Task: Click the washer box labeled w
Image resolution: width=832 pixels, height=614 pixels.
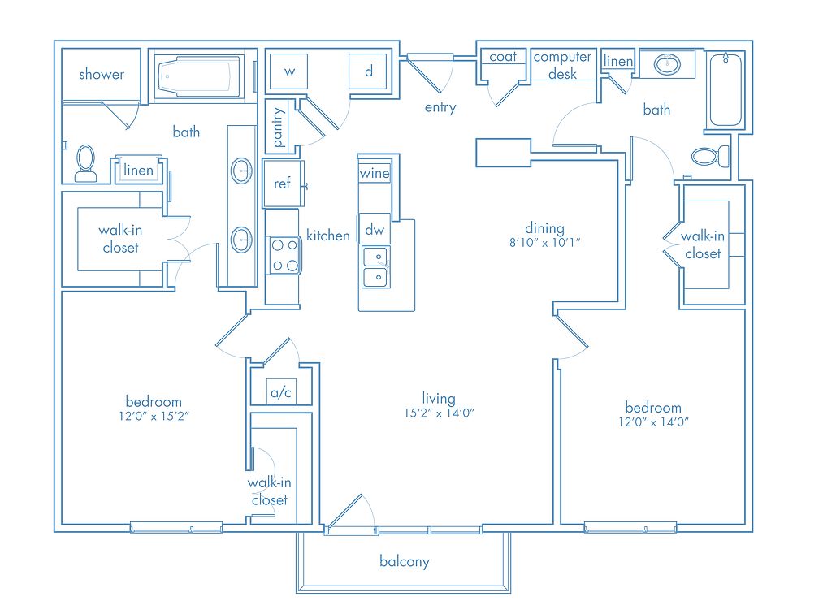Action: point(289,71)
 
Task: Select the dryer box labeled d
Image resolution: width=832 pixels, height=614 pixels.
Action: point(368,71)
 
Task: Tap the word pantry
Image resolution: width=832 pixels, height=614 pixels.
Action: point(278,128)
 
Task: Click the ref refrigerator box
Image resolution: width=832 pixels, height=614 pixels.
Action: point(282,184)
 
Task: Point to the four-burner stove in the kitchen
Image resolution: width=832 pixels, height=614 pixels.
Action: point(284,255)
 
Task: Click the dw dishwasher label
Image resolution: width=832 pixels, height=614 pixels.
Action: point(375,230)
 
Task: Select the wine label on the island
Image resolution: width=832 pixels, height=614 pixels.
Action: point(375,173)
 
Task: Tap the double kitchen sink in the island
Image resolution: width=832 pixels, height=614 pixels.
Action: point(376,266)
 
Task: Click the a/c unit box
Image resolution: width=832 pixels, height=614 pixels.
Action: point(280,392)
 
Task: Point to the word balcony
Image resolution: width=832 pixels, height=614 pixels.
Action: point(405,561)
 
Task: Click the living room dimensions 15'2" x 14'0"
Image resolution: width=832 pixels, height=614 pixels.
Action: point(439,413)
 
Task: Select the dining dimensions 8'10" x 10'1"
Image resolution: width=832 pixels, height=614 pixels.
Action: point(545,242)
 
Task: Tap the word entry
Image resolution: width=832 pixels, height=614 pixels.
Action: point(440,108)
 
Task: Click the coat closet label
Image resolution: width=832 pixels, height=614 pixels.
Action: point(503,56)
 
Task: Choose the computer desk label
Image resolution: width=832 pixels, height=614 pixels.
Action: point(562,65)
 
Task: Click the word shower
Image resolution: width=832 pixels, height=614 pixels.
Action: point(102,74)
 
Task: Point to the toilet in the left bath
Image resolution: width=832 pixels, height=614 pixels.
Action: point(85,163)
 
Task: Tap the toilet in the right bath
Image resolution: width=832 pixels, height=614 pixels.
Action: point(710,157)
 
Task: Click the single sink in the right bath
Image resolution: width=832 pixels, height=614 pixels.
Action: point(668,65)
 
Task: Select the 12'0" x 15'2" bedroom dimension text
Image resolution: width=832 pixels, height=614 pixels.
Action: point(154,416)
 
